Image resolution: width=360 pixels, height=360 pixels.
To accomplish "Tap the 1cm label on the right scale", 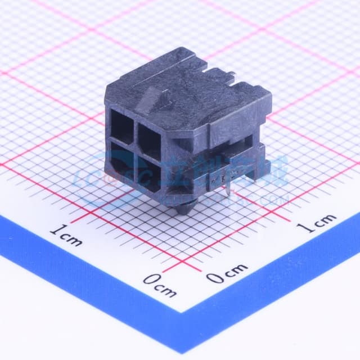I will [x=317, y=223].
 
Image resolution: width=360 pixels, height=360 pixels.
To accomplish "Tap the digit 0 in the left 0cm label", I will [x=149, y=280].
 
